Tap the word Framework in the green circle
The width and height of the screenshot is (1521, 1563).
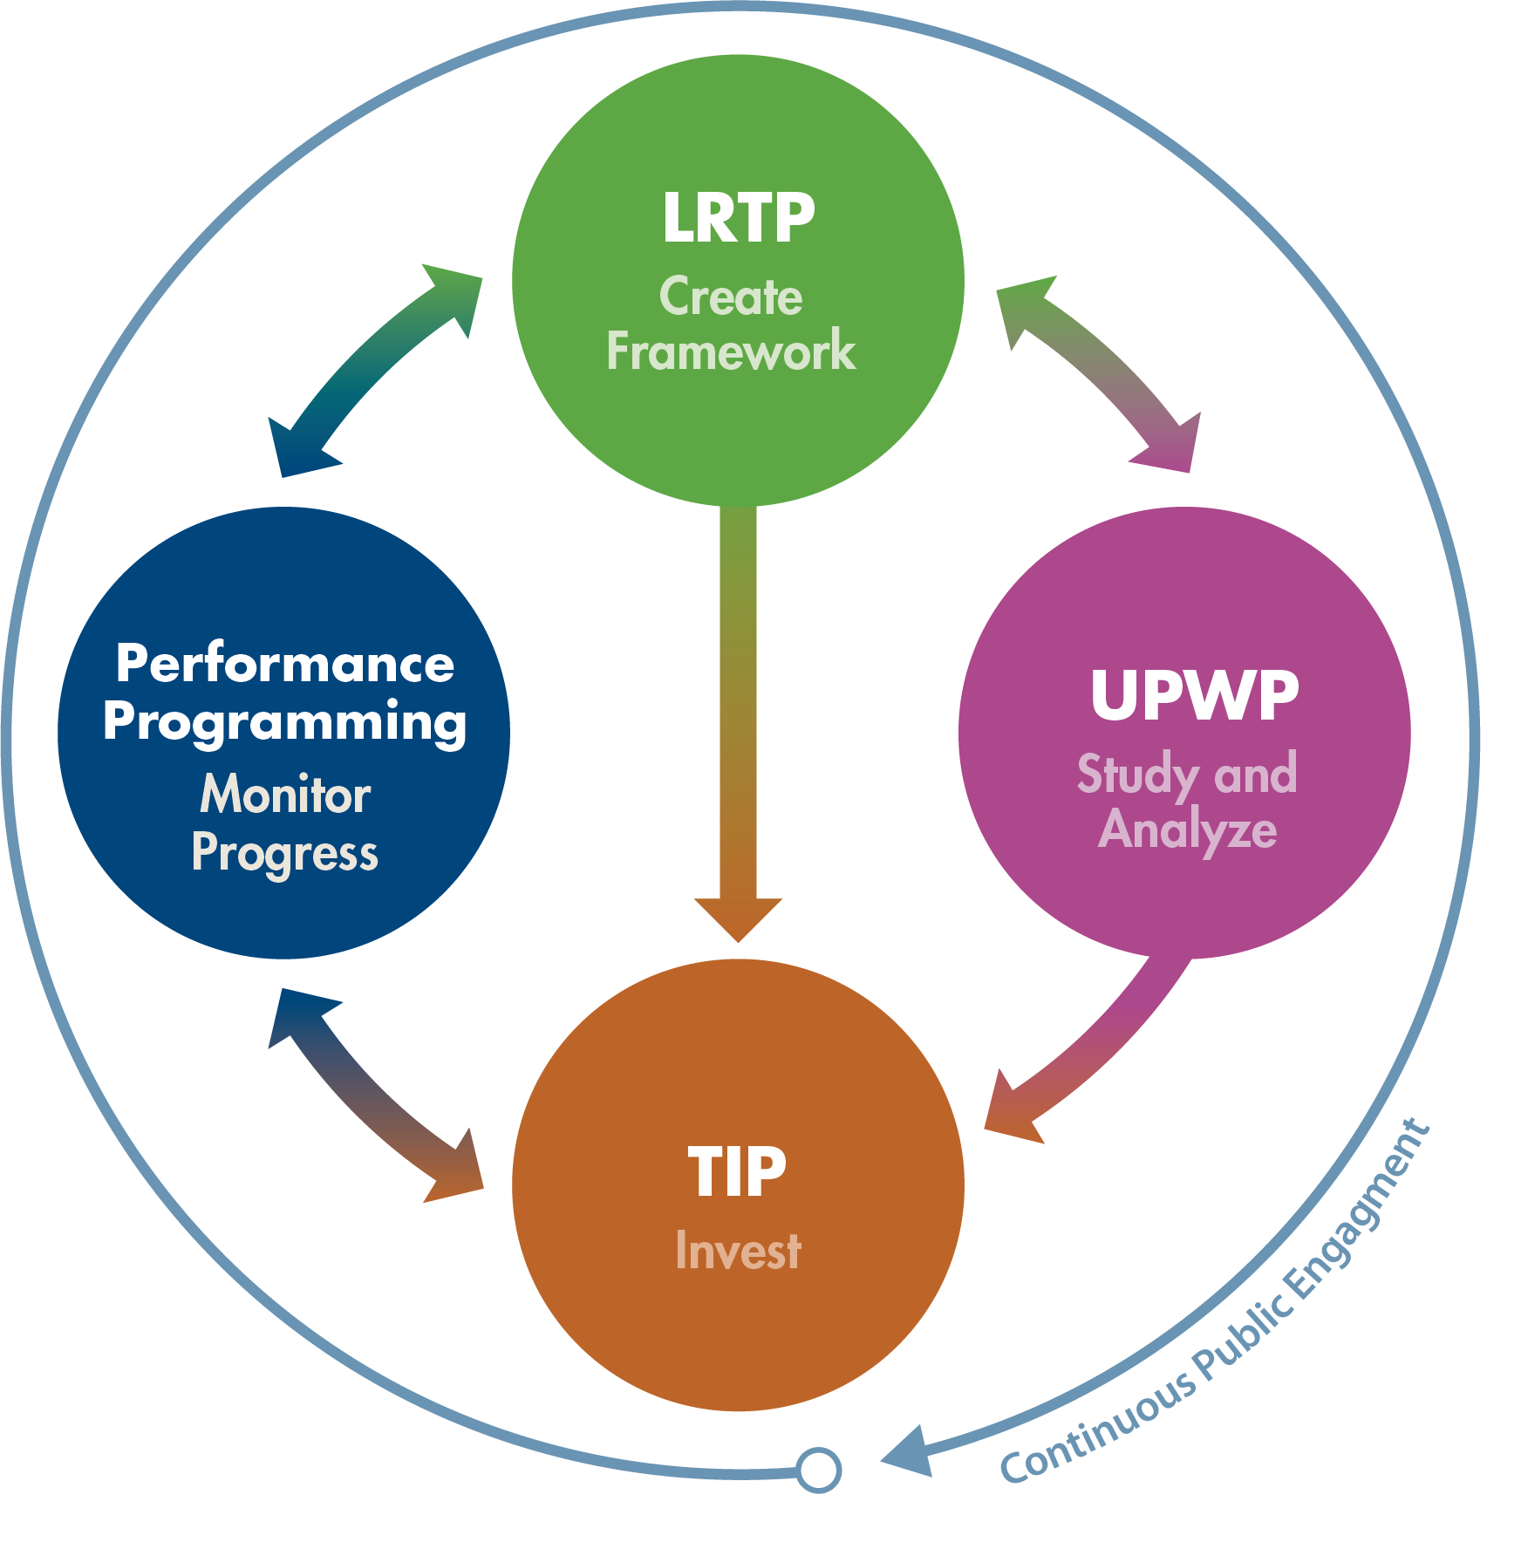[x=731, y=351]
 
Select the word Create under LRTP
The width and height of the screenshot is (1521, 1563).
[x=731, y=297]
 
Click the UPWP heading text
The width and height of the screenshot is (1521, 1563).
[x=1194, y=696]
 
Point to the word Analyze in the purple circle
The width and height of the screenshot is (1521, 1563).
[x=1187, y=829]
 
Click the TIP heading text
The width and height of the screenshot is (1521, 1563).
[x=737, y=1171]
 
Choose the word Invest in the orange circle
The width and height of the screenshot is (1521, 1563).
[x=738, y=1251]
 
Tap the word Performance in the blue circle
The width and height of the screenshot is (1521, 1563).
[x=285, y=664]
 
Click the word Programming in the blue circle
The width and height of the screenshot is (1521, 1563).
[x=285, y=723]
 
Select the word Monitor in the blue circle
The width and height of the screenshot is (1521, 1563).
[x=285, y=795]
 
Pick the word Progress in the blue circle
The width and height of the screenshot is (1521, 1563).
[x=285, y=853]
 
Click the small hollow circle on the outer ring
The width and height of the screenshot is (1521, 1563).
[x=818, y=1470]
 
